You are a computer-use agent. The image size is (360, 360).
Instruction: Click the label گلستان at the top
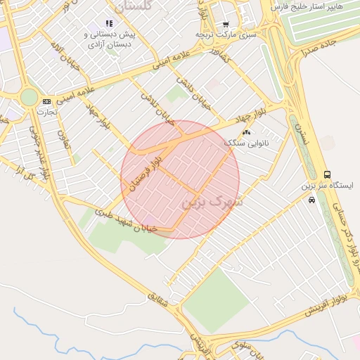(x=136, y=6)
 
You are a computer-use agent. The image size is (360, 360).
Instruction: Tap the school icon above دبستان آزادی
(x=109, y=23)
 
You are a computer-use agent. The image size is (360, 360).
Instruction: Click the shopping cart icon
(x=226, y=24)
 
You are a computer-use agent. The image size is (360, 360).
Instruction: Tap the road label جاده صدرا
(x=319, y=46)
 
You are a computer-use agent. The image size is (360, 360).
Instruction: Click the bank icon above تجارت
(x=47, y=101)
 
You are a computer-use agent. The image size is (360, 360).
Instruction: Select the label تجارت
(x=47, y=112)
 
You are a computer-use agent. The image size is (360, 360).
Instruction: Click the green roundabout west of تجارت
(x=28, y=97)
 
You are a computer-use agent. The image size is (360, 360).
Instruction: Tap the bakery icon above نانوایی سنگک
(x=246, y=132)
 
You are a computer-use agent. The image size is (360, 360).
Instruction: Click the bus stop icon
(x=327, y=174)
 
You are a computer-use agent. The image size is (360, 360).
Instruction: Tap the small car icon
(x=311, y=200)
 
